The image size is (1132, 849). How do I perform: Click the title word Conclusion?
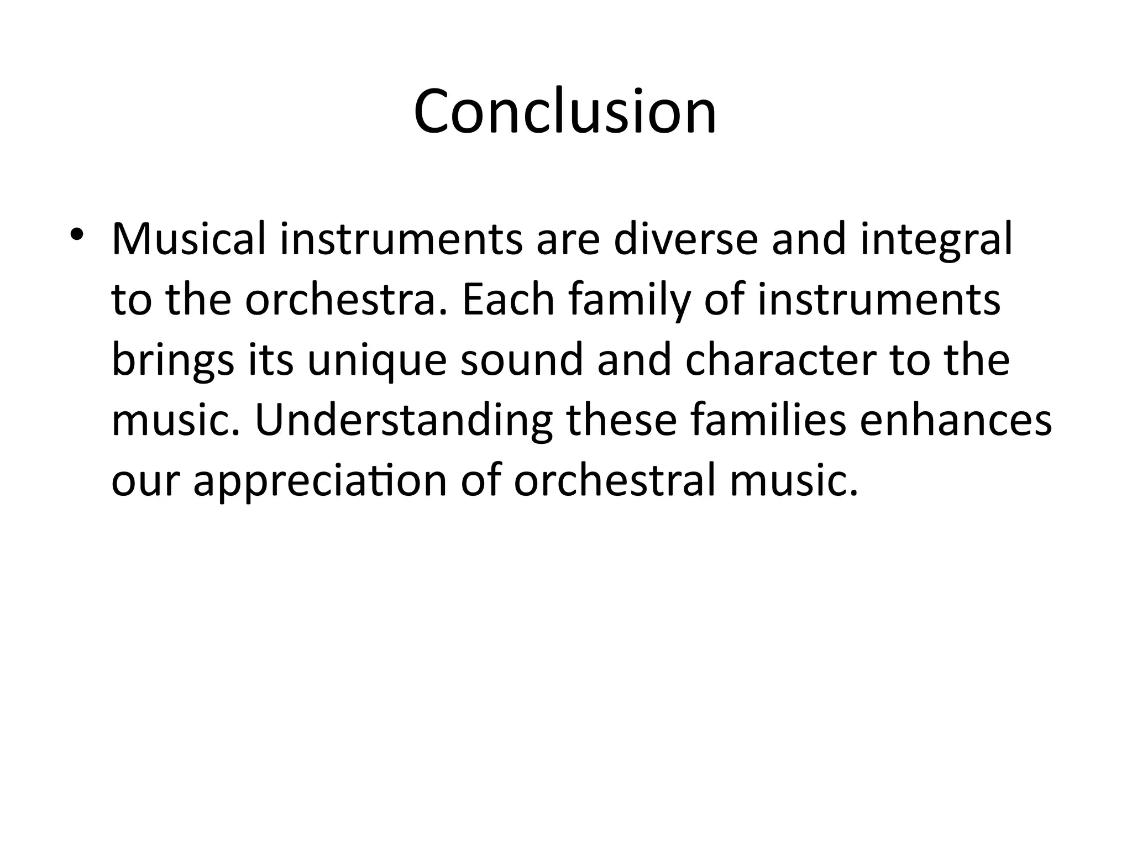click(565, 112)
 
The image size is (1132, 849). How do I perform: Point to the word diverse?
click(685, 240)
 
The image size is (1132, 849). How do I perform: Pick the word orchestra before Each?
click(345, 301)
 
